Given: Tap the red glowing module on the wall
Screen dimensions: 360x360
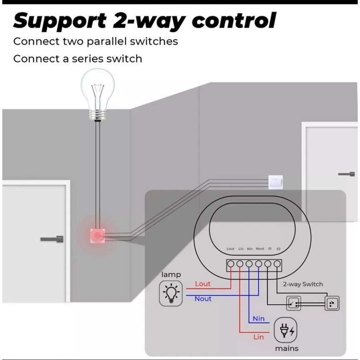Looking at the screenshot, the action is pyautogui.click(x=97, y=236).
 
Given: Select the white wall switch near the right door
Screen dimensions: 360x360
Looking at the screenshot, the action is pyautogui.click(x=276, y=181).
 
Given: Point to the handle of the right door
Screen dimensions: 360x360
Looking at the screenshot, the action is pyautogui.click(x=347, y=174).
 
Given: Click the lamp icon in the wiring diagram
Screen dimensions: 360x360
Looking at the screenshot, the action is pyautogui.click(x=170, y=293).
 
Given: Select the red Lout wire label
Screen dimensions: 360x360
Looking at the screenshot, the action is pyautogui.click(x=203, y=284).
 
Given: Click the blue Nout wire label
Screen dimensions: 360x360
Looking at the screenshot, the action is pyautogui.click(x=203, y=298).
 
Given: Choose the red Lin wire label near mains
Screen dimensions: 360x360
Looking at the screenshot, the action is pyautogui.click(x=258, y=337).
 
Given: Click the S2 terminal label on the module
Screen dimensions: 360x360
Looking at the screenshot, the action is pyautogui.click(x=278, y=249).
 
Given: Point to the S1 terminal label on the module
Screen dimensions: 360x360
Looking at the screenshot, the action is pyautogui.click(x=269, y=249).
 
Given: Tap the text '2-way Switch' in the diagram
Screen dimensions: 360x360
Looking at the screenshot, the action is pyautogui.click(x=303, y=284).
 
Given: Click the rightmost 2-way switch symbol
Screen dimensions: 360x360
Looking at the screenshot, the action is pyautogui.click(x=332, y=303).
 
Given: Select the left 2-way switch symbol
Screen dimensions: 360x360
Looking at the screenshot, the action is pyautogui.click(x=293, y=303).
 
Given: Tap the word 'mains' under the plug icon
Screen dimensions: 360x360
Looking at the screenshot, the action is pyautogui.click(x=287, y=348).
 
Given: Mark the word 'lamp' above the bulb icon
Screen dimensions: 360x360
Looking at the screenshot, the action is pyautogui.click(x=171, y=274).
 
